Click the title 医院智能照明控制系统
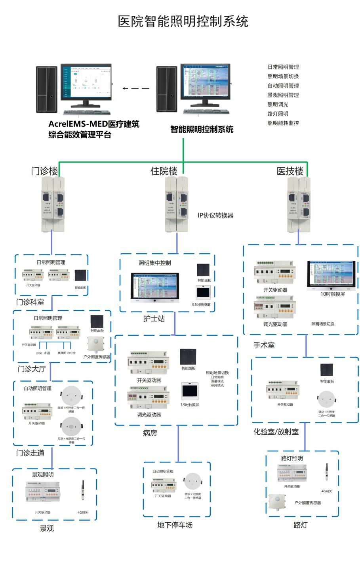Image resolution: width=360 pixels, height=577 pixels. click(x=183, y=21)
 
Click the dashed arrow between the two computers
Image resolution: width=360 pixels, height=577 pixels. click(x=136, y=88)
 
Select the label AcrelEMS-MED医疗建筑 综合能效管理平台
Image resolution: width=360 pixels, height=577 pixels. click(x=94, y=129)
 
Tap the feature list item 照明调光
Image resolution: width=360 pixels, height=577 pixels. click(x=278, y=104)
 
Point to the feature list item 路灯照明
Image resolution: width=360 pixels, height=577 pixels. click(x=278, y=114)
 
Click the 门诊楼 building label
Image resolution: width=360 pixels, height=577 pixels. click(x=45, y=171)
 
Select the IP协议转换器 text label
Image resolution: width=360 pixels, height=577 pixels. click(x=215, y=216)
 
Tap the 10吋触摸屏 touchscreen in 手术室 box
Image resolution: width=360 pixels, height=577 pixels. click(x=331, y=275)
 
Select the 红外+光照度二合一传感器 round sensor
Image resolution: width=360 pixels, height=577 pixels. click(x=71, y=426)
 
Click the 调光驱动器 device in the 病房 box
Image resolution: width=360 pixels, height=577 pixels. click(x=149, y=398)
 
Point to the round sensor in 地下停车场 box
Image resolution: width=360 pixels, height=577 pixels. click(x=192, y=482)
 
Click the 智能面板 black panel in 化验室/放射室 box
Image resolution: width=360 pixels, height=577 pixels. click(x=327, y=370)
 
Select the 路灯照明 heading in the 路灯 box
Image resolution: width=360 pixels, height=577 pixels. click(x=292, y=459)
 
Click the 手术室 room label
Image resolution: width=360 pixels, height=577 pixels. click(x=264, y=345)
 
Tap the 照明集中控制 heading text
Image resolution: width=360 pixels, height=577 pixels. click(x=155, y=263)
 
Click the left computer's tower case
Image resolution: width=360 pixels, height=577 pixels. click(x=46, y=90)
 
